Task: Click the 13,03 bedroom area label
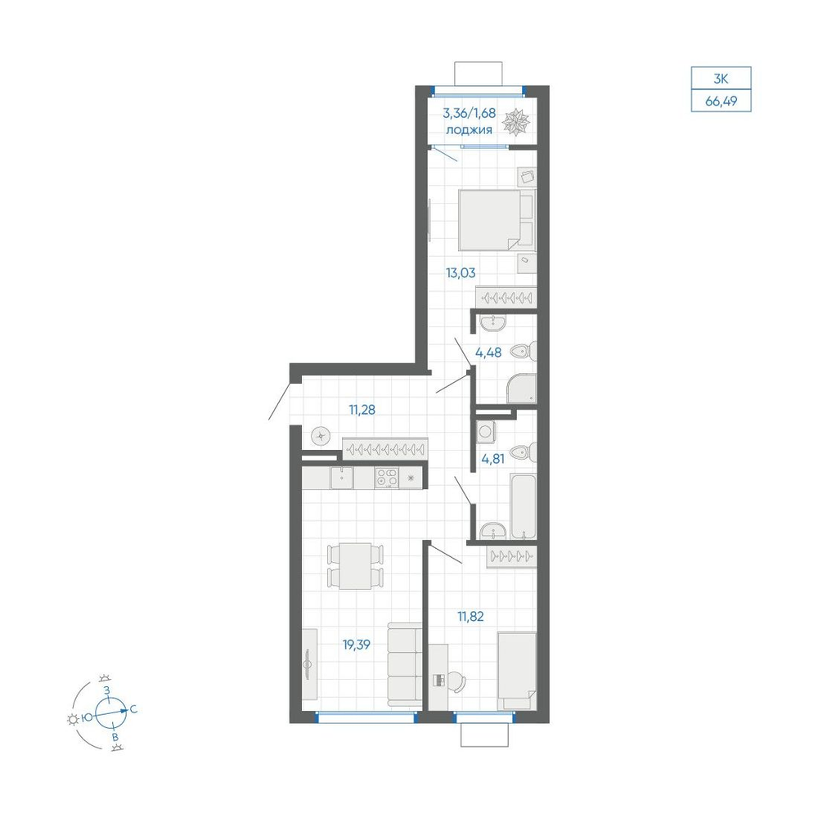coord(461,273)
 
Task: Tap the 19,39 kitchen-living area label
coord(357,645)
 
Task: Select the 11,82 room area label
coord(470,616)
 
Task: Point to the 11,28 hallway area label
coord(362,410)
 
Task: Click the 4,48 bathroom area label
coord(488,353)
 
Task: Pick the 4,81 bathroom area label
coord(493,459)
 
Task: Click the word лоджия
coord(469,130)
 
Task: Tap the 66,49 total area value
coord(721,101)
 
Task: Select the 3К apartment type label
coord(721,79)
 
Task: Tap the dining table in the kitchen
coord(355,566)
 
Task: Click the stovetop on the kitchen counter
coord(387,478)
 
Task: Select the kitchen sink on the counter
coord(342,478)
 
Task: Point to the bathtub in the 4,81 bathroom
coord(524,506)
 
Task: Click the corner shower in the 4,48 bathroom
coord(521,389)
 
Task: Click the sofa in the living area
coord(404,664)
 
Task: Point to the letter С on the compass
coord(133,709)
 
